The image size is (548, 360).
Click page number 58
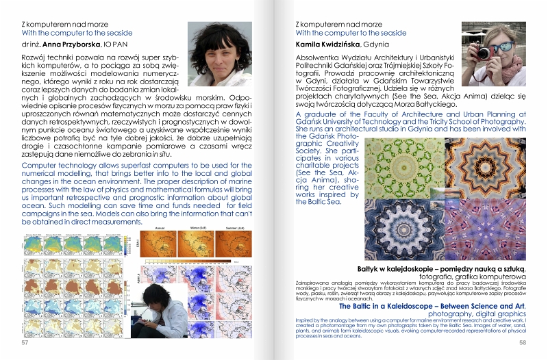(522, 342)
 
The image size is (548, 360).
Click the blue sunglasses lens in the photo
(512, 50)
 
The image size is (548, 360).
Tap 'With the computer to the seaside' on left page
(77, 33)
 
